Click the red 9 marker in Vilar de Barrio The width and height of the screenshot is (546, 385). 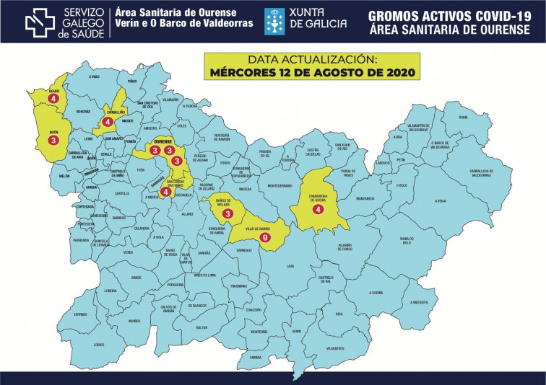[265, 237]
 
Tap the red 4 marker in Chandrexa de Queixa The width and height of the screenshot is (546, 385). [317, 209]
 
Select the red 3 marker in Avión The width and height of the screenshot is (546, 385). [53, 141]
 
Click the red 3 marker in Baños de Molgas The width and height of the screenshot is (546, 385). [227, 213]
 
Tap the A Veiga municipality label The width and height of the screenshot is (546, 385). [441, 201]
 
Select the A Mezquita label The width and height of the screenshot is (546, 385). [419, 302]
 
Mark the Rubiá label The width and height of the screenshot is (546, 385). [463, 116]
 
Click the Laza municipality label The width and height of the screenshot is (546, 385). [290, 266]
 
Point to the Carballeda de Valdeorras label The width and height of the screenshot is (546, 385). [481, 172]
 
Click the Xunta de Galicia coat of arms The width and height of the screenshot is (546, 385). [274, 21]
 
